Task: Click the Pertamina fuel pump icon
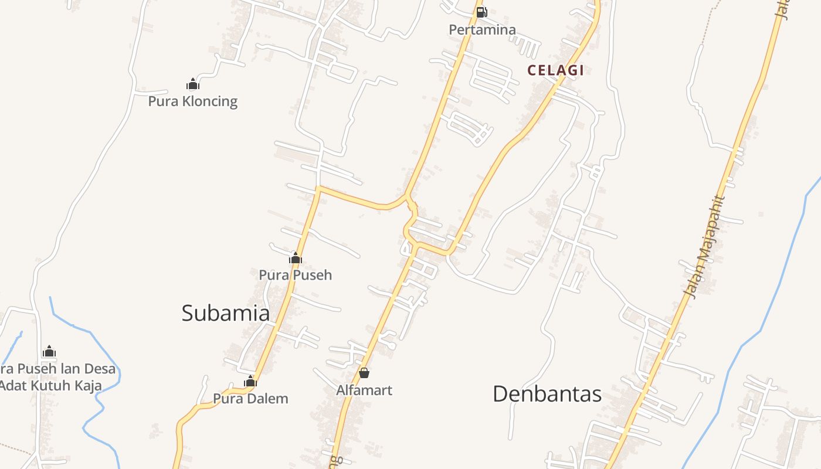point(481,12)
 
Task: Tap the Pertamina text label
point(482,29)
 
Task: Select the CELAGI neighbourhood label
point(555,70)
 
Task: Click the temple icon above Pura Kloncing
point(193,84)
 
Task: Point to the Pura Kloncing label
point(192,101)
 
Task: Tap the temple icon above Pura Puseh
point(296,258)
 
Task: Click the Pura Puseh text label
point(295,274)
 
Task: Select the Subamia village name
point(225,312)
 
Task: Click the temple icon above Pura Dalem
point(250,382)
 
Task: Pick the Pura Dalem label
point(250,399)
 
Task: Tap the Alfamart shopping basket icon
point(364,373)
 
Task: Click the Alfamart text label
point(364,390)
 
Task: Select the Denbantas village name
point(547,393)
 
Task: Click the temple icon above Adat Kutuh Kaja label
point(49,352)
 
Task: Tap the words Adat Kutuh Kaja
point(52,386)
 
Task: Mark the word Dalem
point(267,399)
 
